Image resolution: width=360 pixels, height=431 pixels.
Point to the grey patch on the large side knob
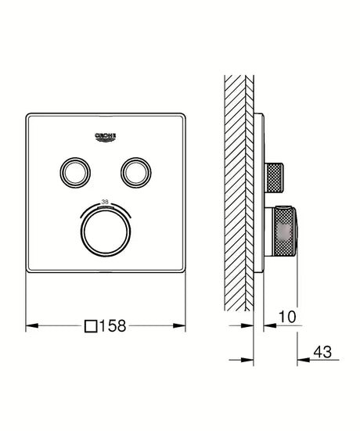click(287, 230)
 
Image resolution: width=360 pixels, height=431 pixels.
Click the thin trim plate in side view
click(261, 196)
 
